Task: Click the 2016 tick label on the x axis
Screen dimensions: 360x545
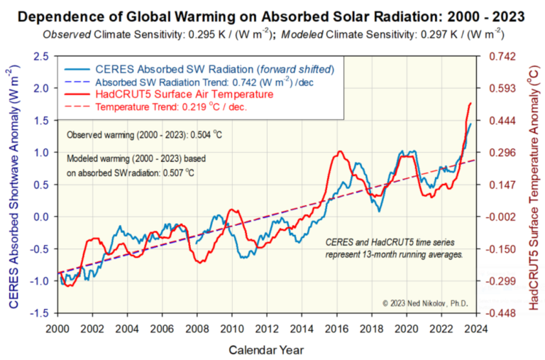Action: [x=336, y=329]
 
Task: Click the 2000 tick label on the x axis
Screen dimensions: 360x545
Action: [x=57, y=329]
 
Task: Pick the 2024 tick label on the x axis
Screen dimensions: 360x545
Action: [x=475, y=329]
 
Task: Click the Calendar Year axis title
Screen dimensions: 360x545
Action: [x=266, y=349]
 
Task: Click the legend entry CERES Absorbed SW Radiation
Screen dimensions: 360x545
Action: [x=163, y=69]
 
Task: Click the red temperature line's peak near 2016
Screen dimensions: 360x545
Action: [x=341, y=151]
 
